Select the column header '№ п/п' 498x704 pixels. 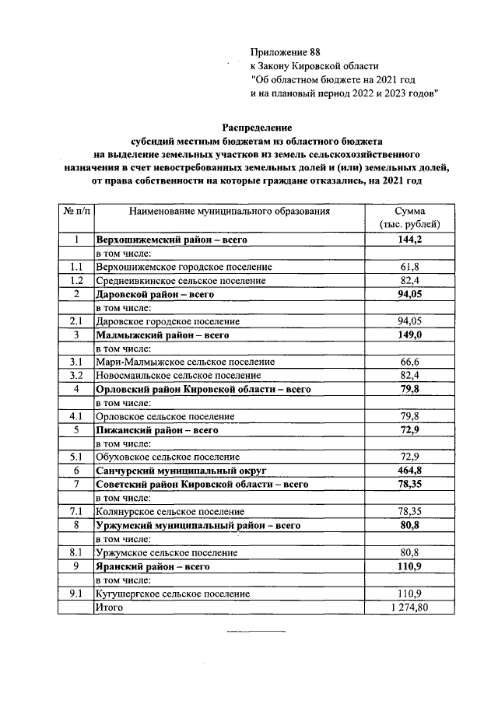[x=76, y=211]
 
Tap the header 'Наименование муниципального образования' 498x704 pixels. [x=230, y=211]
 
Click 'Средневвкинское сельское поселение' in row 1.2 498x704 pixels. [x=181, y=281]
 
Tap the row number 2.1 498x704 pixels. [x=76, y=321]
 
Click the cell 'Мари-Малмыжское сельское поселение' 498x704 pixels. [x=184, y=362]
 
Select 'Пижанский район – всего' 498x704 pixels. [x=156, y=429]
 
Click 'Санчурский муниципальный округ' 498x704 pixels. [x=181, y=471]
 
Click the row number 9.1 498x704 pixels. [x=76, y=594]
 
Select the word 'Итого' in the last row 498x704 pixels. [x=108, y=607]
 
